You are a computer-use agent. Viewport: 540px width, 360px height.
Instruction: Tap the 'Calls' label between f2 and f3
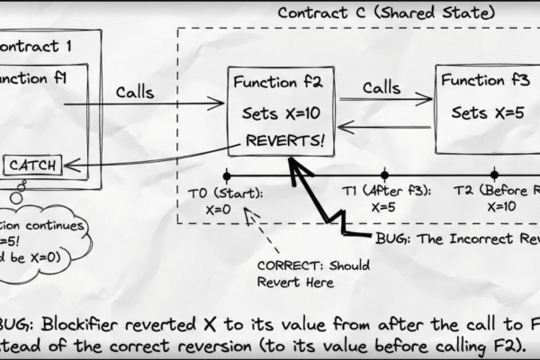[x=382, y=87]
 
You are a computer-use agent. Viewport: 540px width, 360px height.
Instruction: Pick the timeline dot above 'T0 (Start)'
[x=227, y=175]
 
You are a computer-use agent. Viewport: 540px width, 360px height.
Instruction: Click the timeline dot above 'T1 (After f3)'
[x=384, y=175]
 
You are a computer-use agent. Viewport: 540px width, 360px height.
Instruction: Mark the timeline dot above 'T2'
[x=494, y=175]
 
